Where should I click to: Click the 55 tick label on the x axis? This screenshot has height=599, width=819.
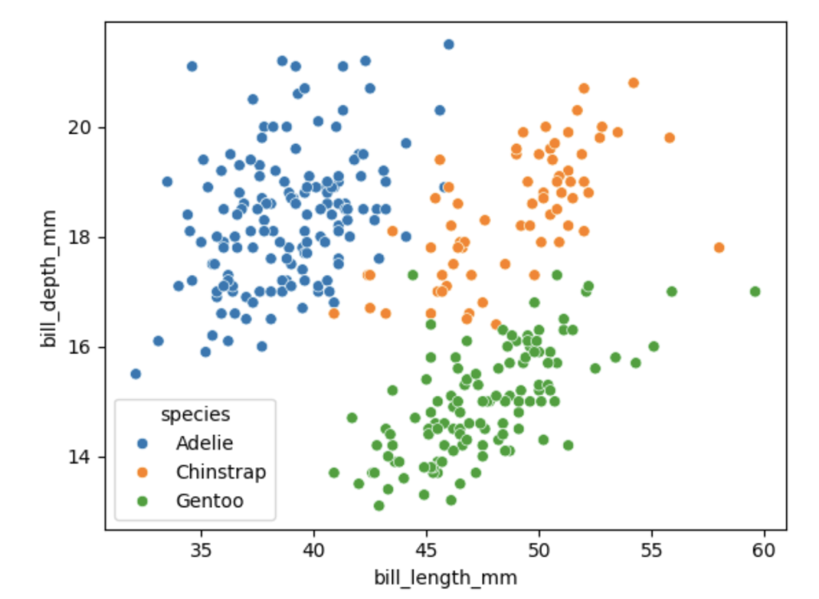(652, 551)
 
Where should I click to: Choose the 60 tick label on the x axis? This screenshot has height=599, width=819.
(765, 551)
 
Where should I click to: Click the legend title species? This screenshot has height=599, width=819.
(195, 414)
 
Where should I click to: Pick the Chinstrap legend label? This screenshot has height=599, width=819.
(221, 472)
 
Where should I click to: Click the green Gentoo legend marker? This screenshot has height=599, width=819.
(142, 501)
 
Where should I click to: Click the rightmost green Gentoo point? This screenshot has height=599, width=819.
(755, 291)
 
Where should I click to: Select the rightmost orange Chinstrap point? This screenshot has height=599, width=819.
(719, 248)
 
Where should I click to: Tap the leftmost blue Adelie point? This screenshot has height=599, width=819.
(135, 373)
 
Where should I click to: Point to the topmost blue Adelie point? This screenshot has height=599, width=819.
(449, 44)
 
